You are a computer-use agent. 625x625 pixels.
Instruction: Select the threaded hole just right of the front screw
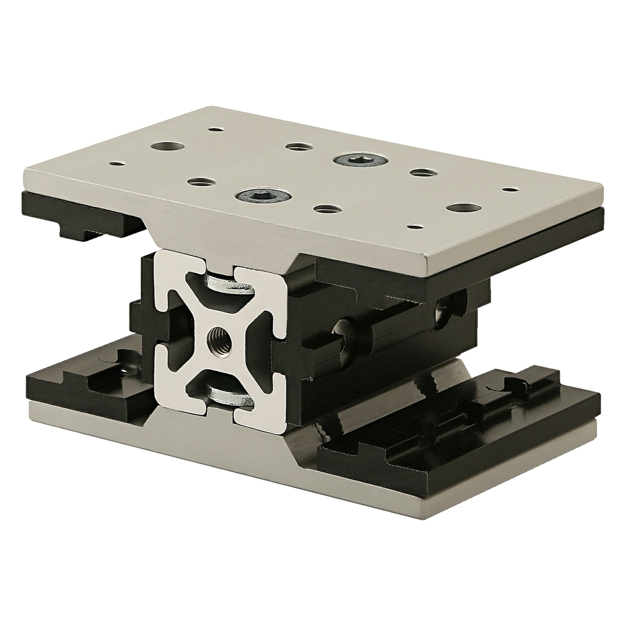coord(325,209)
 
